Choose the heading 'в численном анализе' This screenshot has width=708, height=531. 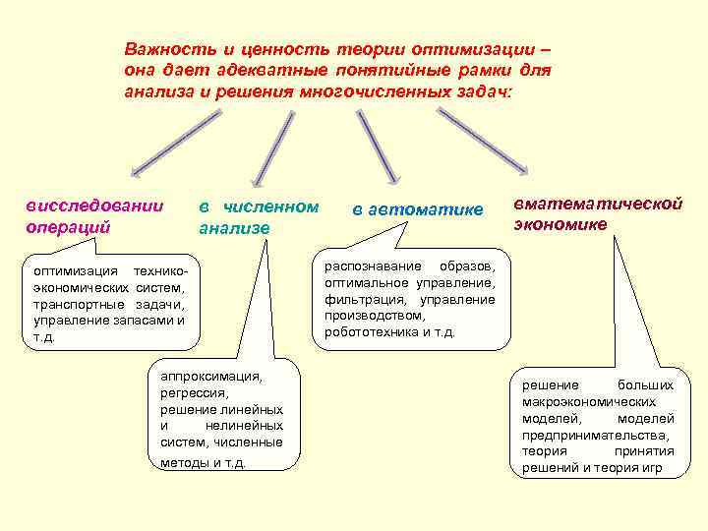pyautogui.click(x=259, y=217)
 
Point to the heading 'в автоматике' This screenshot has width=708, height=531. pyautogui.click(x=418, y=209)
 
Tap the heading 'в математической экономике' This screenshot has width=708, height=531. pyautogui.click(x=597, y=213)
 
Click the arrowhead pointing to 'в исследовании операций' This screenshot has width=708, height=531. pyautogui.click(x=123, y=168)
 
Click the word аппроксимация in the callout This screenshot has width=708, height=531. pyautogui.click(x=205, y=376)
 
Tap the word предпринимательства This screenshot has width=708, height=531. pyautogui.click(x=595, y=435)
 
